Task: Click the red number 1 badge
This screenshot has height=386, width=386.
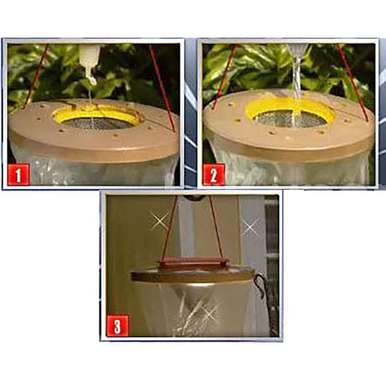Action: [x=19, y=174]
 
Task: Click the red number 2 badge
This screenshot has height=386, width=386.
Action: [x=214, y=174]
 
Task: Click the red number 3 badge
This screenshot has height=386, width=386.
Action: [x=117, y=325]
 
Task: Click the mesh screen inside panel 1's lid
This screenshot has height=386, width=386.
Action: [x=98, y=123]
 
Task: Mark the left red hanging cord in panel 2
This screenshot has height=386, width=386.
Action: [x=225, y=76]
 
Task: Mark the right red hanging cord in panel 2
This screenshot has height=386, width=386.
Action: [x=353, y=82]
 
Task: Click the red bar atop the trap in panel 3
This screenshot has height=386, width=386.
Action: [x=193, y=262]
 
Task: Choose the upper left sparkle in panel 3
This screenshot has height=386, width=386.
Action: [x=160, y=221]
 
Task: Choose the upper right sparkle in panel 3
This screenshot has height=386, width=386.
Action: [x=249, y=227]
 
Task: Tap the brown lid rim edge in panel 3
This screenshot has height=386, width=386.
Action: [x=193, y=277]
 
